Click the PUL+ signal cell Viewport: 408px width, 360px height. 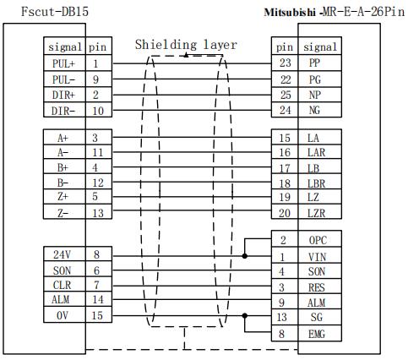tap(64, 63)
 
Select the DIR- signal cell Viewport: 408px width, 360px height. tap(64, 110)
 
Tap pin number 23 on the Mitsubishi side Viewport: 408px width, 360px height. tap(285, 63)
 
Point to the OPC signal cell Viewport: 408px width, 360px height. tap(319, 239)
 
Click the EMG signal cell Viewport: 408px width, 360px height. tap(319, 334)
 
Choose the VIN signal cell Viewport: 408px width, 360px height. tap(319, 256)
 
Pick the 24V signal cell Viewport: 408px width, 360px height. tap(64, 254)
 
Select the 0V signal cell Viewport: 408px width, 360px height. tap(64, 315)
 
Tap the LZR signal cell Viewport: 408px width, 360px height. tap(319, 212)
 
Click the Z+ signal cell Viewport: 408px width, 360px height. tap(64, 196)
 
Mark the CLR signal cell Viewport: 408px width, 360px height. tap(64, 285)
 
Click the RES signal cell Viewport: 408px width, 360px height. tap(319, 287)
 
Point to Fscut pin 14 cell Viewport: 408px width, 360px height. tap(98, 299)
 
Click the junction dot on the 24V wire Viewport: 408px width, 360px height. tap(245, 256)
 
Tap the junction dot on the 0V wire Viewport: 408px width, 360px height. tap(245, 315)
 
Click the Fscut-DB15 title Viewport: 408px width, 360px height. tap(55, 12)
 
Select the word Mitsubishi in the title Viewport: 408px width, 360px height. tap(290, 13)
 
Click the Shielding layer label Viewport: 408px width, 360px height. tap(186, 45)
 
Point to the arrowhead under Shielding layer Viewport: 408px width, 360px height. tap(186, 55)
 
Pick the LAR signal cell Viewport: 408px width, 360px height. tap(319, 152)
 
